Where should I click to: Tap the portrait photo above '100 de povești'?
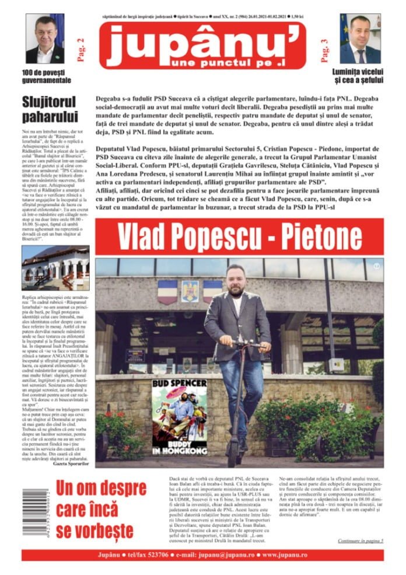[45, 39]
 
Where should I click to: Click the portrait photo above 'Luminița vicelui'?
[360, 39]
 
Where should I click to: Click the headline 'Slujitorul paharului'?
[50, 109]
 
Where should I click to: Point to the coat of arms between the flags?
[190, 290]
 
